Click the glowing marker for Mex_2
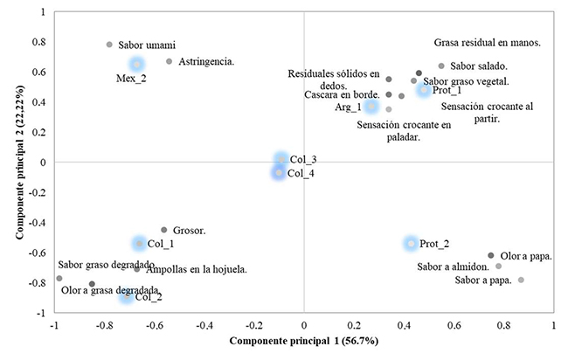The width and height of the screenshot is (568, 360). (x=136, y=64)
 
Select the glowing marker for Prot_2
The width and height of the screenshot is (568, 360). (x=411, y=244)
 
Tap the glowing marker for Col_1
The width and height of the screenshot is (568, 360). (x=138, y=244)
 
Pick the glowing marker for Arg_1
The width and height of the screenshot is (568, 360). (x=371, y=107)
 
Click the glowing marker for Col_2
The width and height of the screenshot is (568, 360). (x=127, y=296)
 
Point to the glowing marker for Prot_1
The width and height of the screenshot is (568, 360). (x=423, y=90)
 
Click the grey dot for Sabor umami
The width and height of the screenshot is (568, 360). (x=109, y=45)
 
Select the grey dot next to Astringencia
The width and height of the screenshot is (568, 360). (x=169, y=61)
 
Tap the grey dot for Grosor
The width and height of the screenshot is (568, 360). (x=163, y=230)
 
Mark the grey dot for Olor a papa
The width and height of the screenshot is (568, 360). (x=490, y=255)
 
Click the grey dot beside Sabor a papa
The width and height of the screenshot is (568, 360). (x=521, y=280)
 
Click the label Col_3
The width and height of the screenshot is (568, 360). (x=302, y=160)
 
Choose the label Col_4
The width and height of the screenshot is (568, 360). (x=302, y=173)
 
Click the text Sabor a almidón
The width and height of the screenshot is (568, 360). (x=454, y=267)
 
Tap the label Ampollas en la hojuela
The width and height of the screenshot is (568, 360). (x=196, y=269)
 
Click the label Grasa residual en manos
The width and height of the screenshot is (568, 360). (x=487, y=42)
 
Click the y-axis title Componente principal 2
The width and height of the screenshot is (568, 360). (x=18, y=163)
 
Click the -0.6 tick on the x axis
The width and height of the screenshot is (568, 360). (x=155, y=325)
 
